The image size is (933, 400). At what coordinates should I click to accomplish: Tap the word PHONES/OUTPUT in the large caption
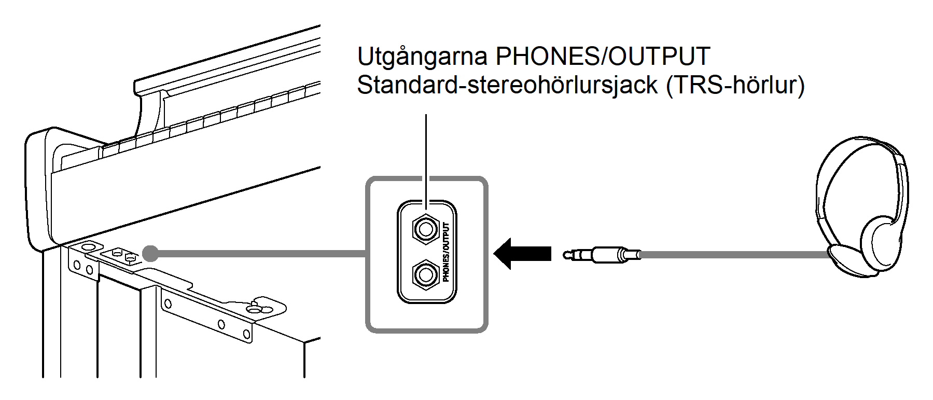[x=603, y=56]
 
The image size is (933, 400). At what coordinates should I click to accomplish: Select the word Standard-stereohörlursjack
[x=507, y=85]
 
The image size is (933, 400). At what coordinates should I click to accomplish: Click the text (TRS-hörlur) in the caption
[x=735, y=85]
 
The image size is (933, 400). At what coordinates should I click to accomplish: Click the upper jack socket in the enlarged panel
[x=425, y=228]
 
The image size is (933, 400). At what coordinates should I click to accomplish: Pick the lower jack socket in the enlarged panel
[x=425, y=274]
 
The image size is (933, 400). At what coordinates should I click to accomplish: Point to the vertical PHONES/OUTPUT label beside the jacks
[x=446, y=252]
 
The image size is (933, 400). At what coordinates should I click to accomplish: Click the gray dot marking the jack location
[x=150, y=253]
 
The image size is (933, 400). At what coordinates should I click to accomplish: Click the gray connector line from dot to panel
[x=259, y=254]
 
